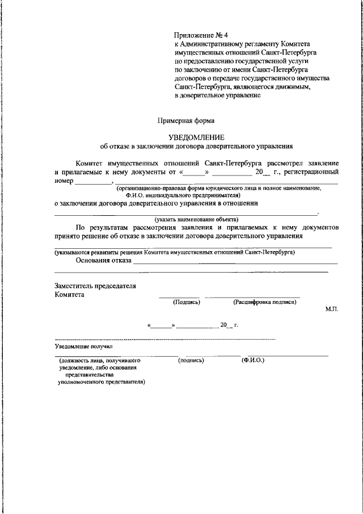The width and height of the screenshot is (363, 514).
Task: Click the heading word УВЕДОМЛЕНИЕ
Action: click(x=197, y=137)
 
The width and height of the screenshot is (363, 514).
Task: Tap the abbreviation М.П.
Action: click(x=332, y=308)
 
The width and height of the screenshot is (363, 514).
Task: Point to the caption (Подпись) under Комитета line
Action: click(x=187, y=302)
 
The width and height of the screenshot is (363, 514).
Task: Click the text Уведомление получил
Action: click(x=85, y=345)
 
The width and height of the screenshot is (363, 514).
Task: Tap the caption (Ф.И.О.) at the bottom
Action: click(x=253, y=360)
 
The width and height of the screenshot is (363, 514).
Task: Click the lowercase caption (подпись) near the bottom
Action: click(x=191, y=360)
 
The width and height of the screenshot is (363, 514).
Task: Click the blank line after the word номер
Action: click(x=94, y=183)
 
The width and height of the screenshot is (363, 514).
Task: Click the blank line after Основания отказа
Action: click(x=235, y=264)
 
